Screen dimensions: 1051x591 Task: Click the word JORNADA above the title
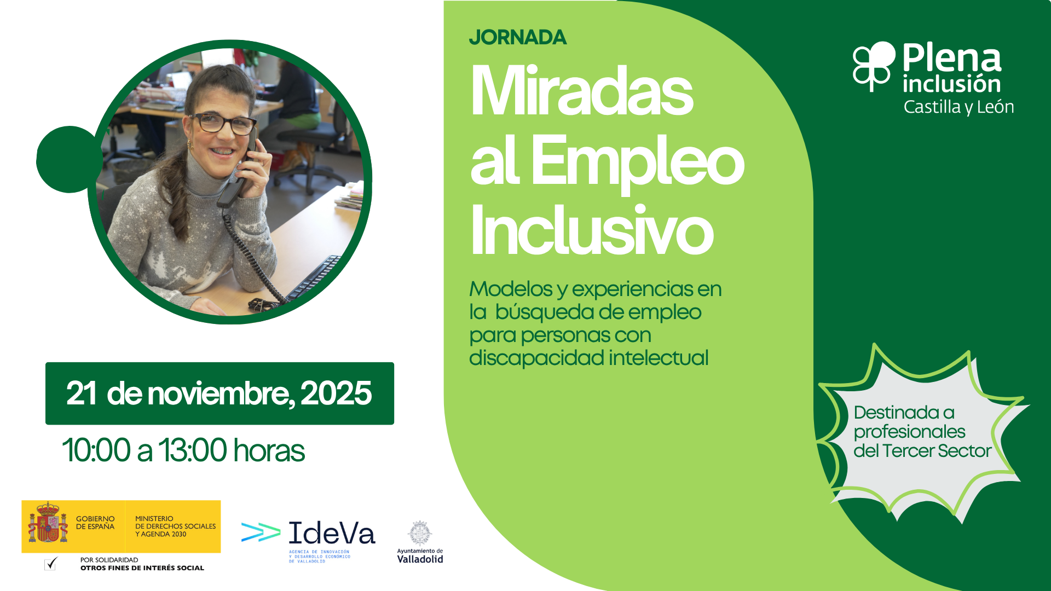pyautogui.click(x=518, y=37)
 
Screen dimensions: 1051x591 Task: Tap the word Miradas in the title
pyautogui.click(x=582, y=91)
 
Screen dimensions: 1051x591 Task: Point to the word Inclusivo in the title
pyautogui.click(x=592, y=230)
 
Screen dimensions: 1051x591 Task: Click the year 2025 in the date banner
pyautogui.click(x=336, y=393)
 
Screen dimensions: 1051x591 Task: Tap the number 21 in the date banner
pyautogui.click(x=81, y=393)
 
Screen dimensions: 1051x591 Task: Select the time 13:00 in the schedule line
pyautogui.click(x=192, y=450)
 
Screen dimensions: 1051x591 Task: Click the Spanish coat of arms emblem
pyautogui.click(x=48, y=523)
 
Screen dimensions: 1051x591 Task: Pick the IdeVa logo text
pyautogui.click(x=332, y=533)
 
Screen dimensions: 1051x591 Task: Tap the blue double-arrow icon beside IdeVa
pyautogui.click(x=261, y=532)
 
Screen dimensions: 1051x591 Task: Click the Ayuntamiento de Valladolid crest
pyautogui.click(x=420, y=533)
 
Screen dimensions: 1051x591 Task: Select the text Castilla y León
pyautogui.click(x=958, y=107)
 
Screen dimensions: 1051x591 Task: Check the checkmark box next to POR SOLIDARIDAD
pyautogui.click(x=50, y=563)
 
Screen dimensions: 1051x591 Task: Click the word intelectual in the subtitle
pyautogui.click(x=659, y=358)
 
